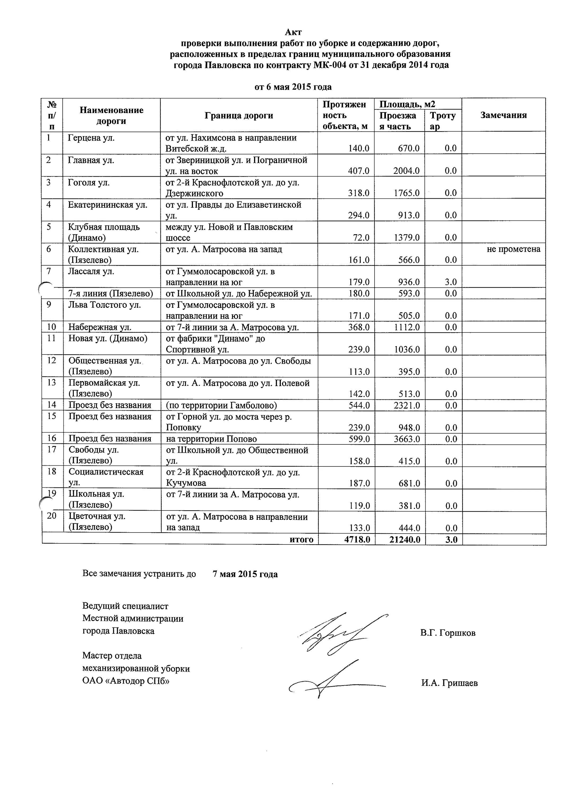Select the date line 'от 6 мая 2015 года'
point(293,87)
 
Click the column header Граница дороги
point(239,115)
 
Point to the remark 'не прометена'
point(513,249)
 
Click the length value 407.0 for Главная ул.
point(359,171)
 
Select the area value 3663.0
point(407,439)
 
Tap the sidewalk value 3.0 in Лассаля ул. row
point(451,282)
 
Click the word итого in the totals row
point(302,539)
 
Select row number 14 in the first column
point(52,405)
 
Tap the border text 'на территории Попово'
point(212,439)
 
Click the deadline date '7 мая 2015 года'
point(245,574)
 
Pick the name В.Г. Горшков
point(448,633)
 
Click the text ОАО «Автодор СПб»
point(126,681)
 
